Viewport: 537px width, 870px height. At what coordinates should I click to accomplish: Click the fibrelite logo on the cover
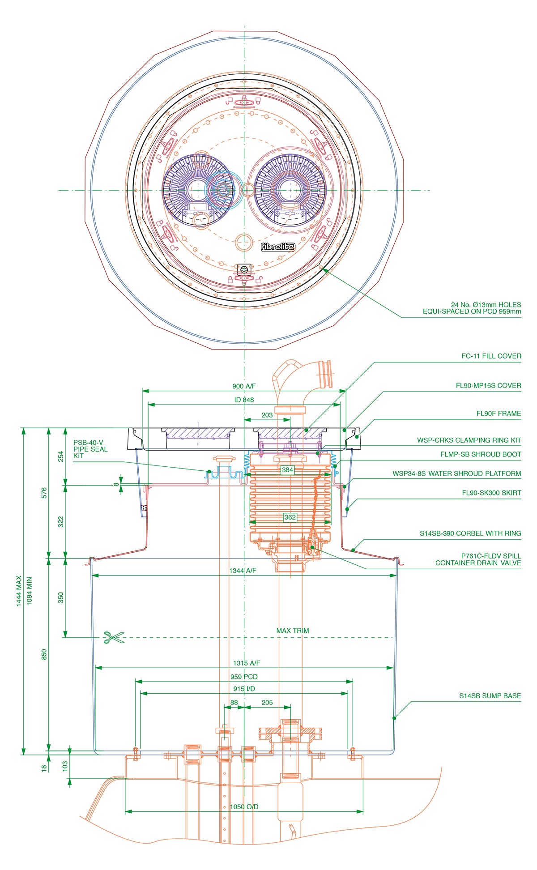pos(278,247)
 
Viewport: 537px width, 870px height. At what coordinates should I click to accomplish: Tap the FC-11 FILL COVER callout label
pos(491,356)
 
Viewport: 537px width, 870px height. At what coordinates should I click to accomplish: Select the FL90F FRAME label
pos(498,414)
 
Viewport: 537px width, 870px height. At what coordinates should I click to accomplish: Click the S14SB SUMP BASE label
pos(490,696)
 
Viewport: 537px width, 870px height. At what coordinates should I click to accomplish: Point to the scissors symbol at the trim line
pos(114,637)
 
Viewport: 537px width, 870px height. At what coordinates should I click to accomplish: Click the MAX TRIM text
pos(293,631)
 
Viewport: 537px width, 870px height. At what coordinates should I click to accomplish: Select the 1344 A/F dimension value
pos(243,571)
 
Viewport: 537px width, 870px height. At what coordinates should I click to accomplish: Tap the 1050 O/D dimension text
pos(244,807)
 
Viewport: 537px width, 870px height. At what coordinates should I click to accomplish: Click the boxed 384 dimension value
pos(287,470)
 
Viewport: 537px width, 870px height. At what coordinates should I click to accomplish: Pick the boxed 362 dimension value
pos(290,517)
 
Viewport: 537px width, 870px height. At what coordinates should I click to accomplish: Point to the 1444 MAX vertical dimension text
pos(19,591)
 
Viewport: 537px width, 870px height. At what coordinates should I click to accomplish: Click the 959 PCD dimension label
pos(244,677)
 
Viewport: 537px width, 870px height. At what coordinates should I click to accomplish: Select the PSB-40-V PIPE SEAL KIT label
pos(90,449)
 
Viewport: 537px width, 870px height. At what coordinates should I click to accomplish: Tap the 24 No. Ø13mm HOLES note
pos(472,308)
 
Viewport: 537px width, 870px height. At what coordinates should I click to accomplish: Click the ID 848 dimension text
pos(244,400)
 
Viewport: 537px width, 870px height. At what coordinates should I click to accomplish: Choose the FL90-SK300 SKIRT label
pos(491,493)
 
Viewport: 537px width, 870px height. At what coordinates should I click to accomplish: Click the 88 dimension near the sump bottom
pos(234,703)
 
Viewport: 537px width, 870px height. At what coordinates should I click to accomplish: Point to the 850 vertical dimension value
pos(44,654)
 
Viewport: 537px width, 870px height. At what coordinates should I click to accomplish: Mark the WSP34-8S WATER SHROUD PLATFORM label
pos(456,473)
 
